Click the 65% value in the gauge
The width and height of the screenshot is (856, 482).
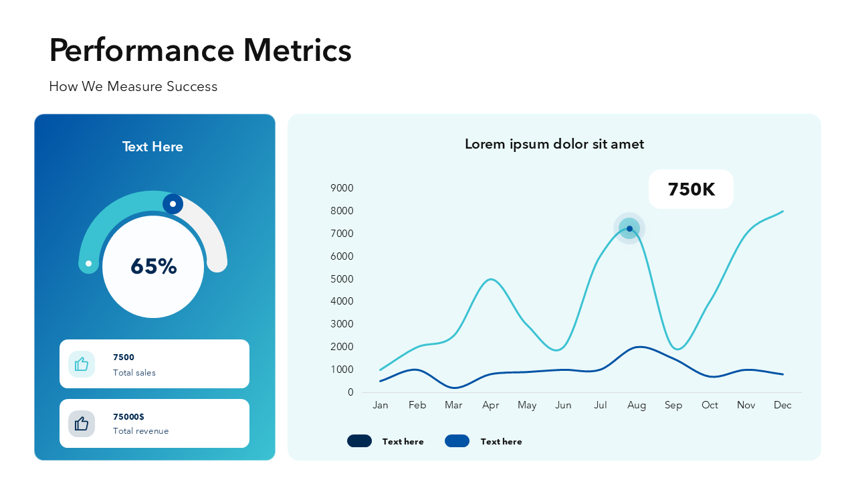(x=154, y=266)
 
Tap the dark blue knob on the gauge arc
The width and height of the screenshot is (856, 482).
(x=173, y=204)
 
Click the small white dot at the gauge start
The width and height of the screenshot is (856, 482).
(x=89, y=263)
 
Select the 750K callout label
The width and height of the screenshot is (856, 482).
(x=691, y=189)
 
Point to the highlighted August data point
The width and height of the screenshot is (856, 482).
(x=629, y=229)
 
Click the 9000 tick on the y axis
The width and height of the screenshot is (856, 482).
(x=342, y=188)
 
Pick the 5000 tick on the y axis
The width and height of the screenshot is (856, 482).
(x=342, y=279)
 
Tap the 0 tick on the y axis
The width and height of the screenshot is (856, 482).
(x=350, y=392)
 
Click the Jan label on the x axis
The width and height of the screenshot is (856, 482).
(x=381, y=405)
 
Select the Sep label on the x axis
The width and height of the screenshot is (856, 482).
(x=673, y=405)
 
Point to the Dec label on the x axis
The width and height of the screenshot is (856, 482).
(x=782, y=405)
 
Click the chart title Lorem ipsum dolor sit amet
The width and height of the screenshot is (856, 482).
(x=554, y=144)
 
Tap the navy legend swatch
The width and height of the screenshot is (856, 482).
(x=359, y=440)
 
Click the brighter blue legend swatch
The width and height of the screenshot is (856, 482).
(x=457, y=440)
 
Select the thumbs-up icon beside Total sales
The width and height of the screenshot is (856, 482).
(x=82, y=364)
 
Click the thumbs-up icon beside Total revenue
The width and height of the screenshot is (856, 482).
(x=82, y=424)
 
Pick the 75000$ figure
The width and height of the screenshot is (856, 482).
(x=128, y=416)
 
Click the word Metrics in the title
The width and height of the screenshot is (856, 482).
(x=298, y=50)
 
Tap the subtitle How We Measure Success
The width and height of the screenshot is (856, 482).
(x=133, y=86)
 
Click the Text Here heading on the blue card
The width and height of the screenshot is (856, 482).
(x=152, y=147)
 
